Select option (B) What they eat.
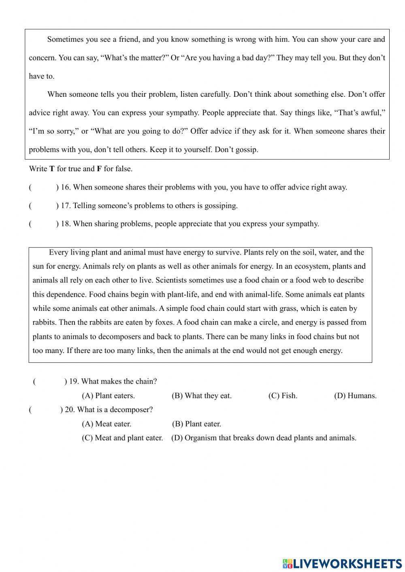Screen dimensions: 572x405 202,396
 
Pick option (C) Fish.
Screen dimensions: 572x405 283,396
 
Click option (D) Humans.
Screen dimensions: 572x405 355,396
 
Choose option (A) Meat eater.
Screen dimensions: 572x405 107,424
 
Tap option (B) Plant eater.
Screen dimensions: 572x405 197,424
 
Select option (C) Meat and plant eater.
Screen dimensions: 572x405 122,438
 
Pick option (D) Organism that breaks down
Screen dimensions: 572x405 264,438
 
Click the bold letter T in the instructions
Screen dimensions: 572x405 52,169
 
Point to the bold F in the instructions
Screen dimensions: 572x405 99,169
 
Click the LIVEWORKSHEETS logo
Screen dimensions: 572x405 342,563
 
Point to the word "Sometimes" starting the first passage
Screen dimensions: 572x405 64,40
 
